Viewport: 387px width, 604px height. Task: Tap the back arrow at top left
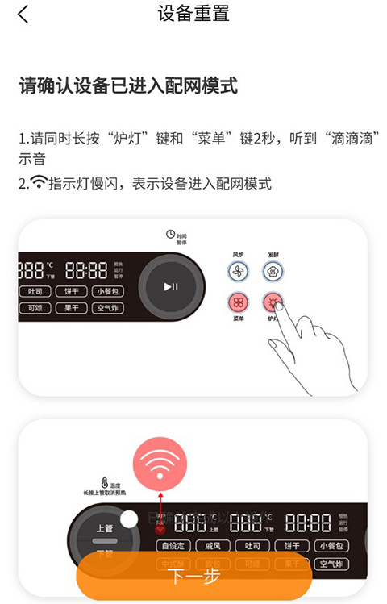tap(23, 15)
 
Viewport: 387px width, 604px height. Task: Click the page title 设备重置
tap(193, 14)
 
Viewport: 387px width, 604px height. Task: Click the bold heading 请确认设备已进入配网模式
tap(128, 86)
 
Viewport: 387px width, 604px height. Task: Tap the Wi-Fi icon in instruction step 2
tap(38, 184)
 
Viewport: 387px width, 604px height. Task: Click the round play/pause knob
tap(171, 286)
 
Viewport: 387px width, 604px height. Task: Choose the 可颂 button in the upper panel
tap(35, 308)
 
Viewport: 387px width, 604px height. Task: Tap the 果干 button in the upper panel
tap(71, 308)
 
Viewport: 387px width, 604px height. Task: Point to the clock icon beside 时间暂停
tap(170, 234)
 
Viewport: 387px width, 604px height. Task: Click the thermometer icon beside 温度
tap(105, 483)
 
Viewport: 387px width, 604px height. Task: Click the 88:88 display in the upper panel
tap(86, 269)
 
